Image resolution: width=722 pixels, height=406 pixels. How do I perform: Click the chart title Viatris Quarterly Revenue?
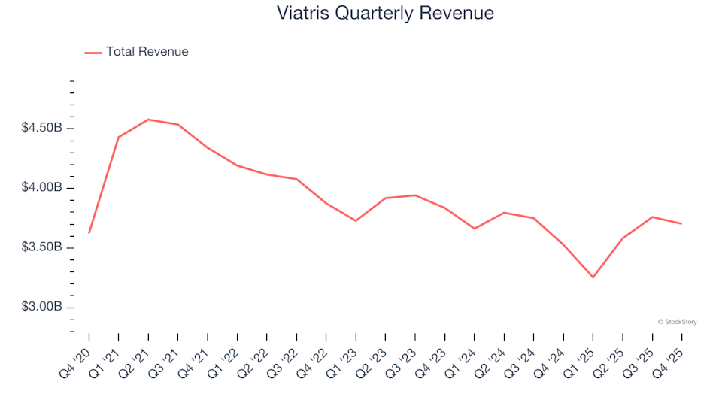point(385,14)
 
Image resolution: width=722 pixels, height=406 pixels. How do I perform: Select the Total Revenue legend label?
point(147,52)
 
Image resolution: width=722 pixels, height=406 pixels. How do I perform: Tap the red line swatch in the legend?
point(93,53)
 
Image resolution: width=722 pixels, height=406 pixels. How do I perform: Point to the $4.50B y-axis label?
point(42,128)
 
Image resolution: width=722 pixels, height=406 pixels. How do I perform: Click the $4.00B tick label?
point(42,188)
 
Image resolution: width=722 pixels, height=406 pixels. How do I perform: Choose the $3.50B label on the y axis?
point(42,248)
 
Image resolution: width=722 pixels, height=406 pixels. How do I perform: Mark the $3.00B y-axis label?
point(42,308)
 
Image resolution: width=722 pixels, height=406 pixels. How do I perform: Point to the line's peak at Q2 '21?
point(148,120)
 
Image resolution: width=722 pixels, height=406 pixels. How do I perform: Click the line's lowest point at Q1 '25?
point(593,277)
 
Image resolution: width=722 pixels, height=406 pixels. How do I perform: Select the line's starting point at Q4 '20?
point(89,232)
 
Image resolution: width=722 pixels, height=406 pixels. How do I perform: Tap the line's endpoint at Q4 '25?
point(681,223)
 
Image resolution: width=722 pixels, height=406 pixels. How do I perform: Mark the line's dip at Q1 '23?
point(356,220)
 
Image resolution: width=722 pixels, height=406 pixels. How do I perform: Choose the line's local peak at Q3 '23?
point(415,195)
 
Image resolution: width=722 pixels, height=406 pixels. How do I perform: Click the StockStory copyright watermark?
point(677,322)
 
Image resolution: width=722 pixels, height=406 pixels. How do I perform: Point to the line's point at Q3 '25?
point(652,217)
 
